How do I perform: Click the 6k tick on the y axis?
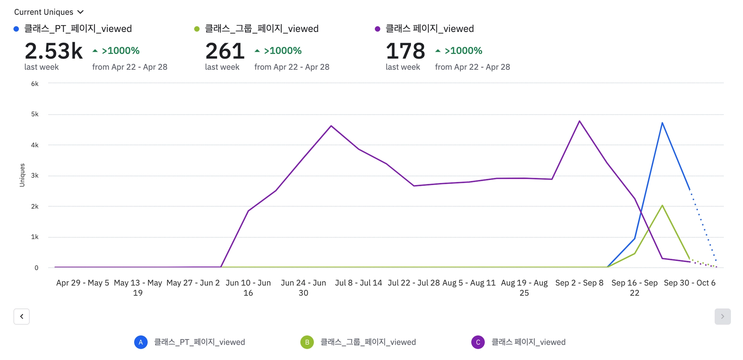coord(35,84)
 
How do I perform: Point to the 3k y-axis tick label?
coord(35,176)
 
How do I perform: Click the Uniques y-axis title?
coord(22,175)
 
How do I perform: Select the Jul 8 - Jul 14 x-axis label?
coord(358,283)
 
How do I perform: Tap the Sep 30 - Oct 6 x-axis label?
coord(689,283)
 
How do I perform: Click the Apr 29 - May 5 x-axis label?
coord(83,283)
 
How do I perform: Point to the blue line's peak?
coord(662,123)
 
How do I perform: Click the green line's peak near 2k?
coord(662,205)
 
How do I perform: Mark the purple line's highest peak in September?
coord(579,121)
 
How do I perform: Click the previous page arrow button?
coord(22,316)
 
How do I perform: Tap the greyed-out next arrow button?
coord(722,316)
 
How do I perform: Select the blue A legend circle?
coord(141,342)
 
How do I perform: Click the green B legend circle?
coord(307,342)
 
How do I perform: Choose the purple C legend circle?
coord(478,342)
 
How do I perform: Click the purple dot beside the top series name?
coord(377,29)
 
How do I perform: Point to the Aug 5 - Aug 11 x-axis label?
coord(469,283)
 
